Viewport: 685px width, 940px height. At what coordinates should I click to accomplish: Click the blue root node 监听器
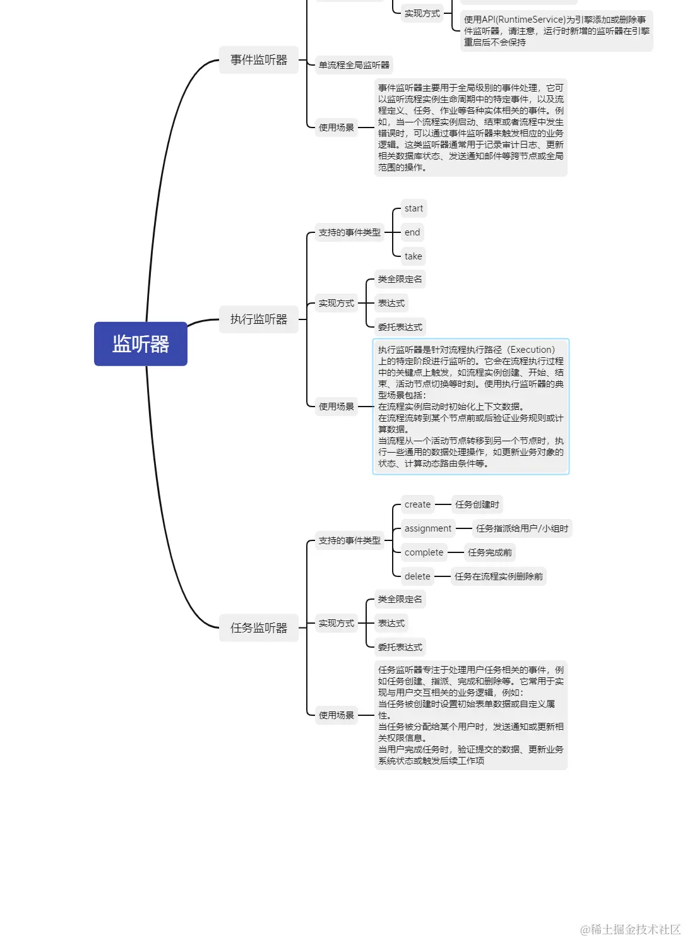pos(140,344)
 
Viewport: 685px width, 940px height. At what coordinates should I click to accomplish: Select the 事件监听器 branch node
pos(259,60)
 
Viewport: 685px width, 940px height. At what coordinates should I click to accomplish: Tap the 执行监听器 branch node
pos(259,319)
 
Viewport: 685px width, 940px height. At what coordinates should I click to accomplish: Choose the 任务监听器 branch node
pos(259,628)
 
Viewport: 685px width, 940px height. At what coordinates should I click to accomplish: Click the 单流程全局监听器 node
pos(354,65)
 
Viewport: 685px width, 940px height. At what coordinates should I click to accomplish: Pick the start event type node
pos(414,208)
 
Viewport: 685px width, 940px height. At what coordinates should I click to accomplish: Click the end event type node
pos(412,232)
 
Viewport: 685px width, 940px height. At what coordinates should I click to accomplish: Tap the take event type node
pos(413,256)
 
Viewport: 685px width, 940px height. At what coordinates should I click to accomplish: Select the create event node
pos(417,504)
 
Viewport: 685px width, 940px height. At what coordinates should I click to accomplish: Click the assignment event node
pos(428,528)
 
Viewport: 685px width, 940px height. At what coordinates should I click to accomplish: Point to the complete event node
pos(424,552)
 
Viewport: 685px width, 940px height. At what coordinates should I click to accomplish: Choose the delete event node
pos(417,576)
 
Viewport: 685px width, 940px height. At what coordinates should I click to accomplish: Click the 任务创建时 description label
pos(477,504)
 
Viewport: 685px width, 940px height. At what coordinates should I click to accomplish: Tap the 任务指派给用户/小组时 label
pos(522,528)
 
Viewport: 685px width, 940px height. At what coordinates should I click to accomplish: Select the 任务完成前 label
pos(490,552)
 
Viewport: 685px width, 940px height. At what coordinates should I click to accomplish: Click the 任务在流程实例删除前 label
pos(499,576)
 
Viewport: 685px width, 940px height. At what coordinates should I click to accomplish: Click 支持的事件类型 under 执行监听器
pos(349,232)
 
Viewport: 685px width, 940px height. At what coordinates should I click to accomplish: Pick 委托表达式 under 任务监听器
pos(400,647)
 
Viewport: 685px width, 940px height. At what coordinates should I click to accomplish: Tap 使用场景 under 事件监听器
pos(337,128)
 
